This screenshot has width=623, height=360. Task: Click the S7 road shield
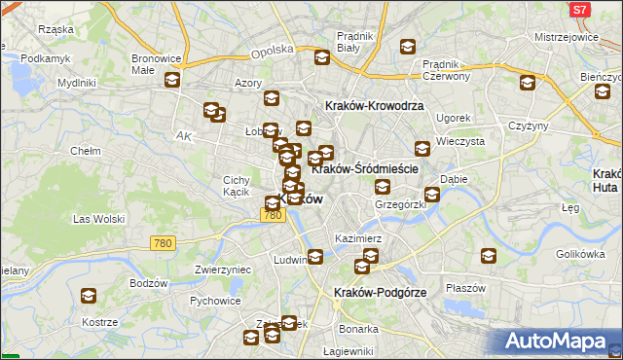tap(579, 10)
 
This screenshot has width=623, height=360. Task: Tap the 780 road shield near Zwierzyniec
tap(162, 241)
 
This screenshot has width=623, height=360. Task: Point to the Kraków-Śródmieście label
tap(365, 168)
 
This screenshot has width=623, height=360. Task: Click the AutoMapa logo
tap(560, 341)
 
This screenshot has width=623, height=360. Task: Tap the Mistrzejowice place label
tap(566, 37)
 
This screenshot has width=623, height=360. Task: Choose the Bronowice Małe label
tap(153, 63)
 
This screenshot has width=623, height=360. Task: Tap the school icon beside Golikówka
tap(490, 256)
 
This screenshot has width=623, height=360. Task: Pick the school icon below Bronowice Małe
tap(172, 81)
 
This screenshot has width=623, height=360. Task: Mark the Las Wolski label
tap(98, 219)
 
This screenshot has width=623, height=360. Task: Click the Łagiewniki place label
tap(348, 351)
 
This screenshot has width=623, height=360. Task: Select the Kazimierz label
tap(358, 237)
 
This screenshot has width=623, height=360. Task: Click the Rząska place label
tap(56, 29)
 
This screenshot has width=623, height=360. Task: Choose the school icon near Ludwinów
tap(315, 257)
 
